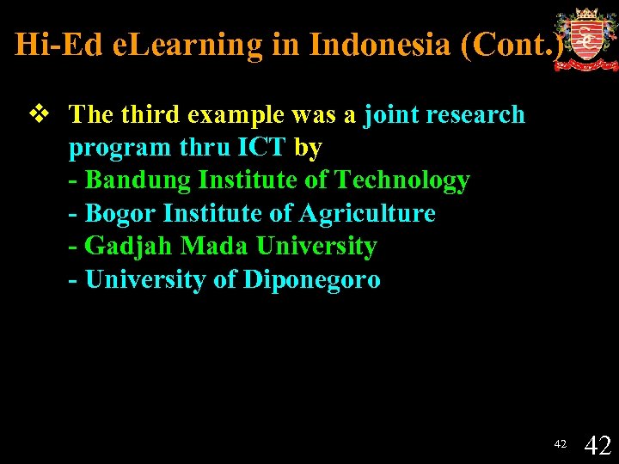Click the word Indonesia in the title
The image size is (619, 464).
pyautogui.click(x=381, y=45)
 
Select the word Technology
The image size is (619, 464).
pyautogui.click(x=401, y=180)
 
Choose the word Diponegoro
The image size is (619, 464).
pyautogui.click(x=312, y=279)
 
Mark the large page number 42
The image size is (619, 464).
pyautogui.click(x=598, y=444)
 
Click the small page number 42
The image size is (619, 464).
pyautogui.click(x=560, y=444)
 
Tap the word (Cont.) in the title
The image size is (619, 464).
pyautogui.click(x=513, y=45)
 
